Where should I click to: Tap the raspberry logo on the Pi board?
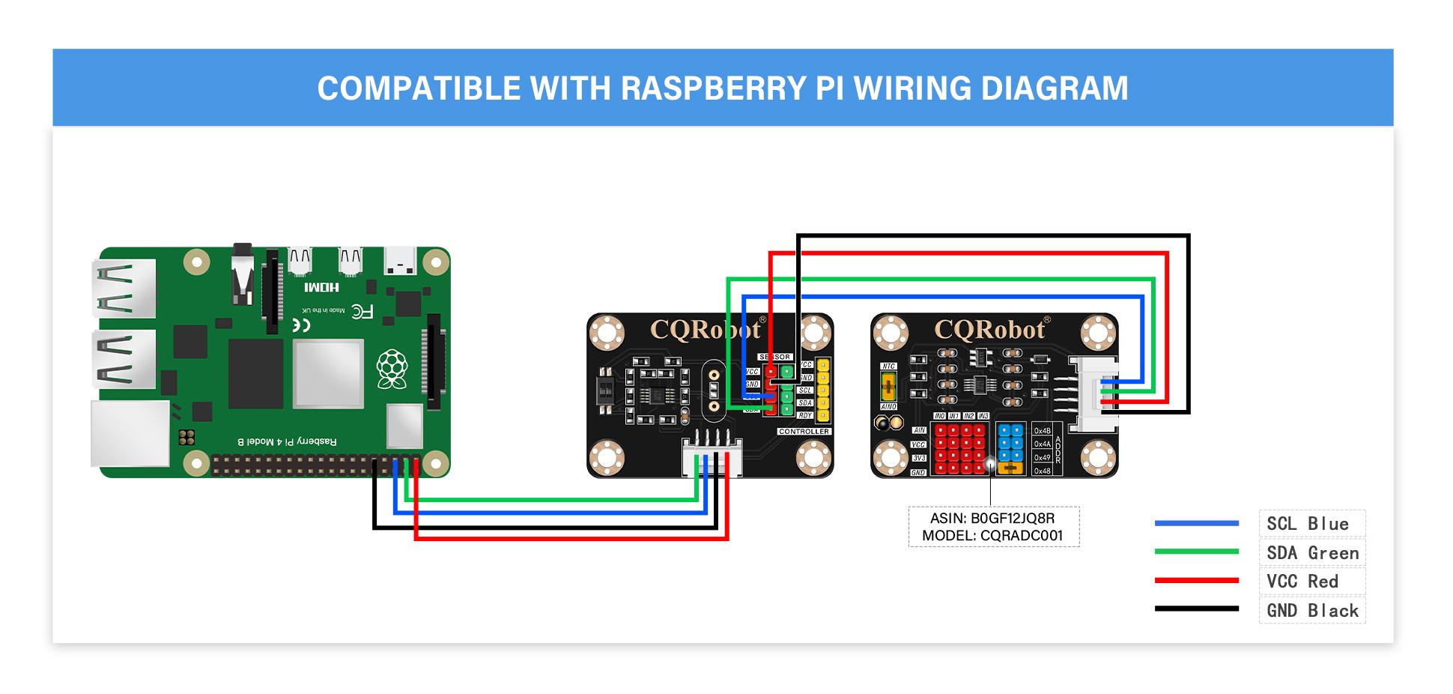point(391,368)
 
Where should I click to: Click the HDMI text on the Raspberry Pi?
point(322,287)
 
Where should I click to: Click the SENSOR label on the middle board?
point(774,357)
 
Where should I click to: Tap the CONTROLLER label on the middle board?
point(804,432)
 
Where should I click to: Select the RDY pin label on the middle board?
point(805,415)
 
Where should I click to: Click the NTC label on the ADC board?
point(888,366)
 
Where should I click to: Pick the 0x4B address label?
point(1042,431)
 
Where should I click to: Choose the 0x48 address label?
point(1042,471)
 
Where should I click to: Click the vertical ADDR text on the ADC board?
point(1058,450)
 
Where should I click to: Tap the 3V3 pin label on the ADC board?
point(918,458)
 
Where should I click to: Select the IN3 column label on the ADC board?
point(983,416)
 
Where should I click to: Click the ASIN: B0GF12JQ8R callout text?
point(992,518)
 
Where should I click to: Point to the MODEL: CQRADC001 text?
point(992,536)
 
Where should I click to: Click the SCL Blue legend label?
point(1307,524)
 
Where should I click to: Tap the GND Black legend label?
point(1312,611)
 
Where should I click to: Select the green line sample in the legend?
point(1196,552)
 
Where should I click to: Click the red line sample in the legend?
point(1196,580)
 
